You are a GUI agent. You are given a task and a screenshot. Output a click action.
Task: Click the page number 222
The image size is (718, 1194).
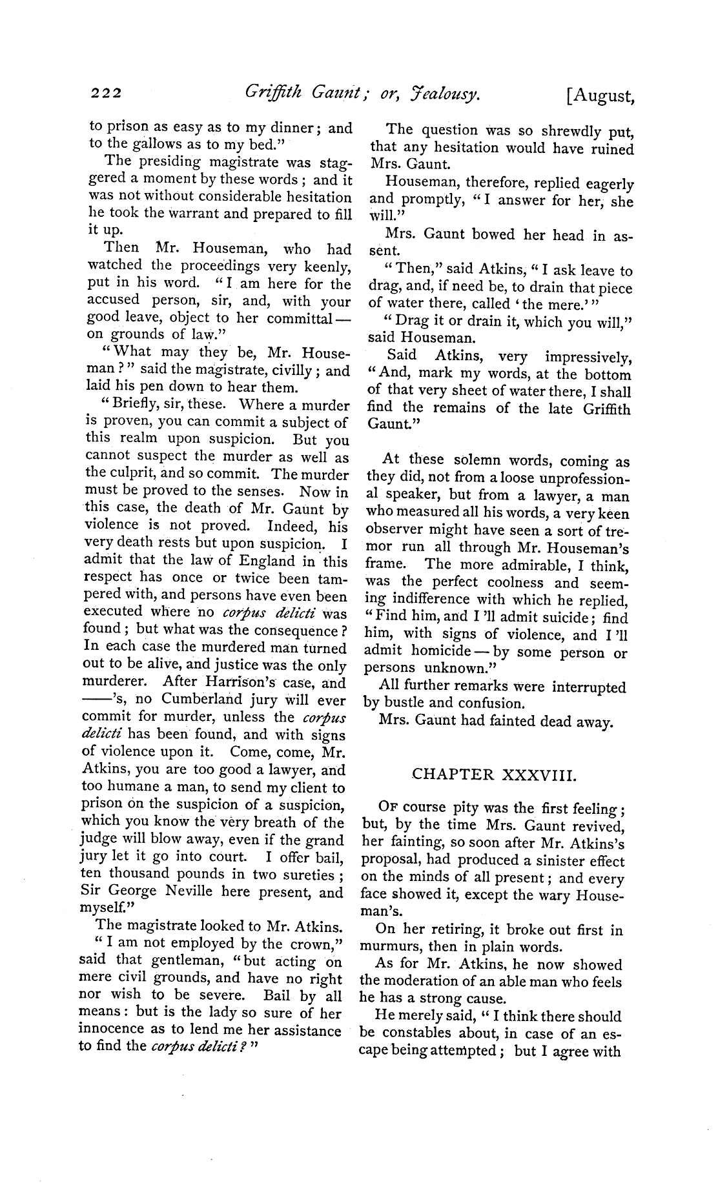(106, 94)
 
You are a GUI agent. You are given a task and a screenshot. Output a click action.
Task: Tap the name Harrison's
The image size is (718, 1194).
(232, 683)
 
